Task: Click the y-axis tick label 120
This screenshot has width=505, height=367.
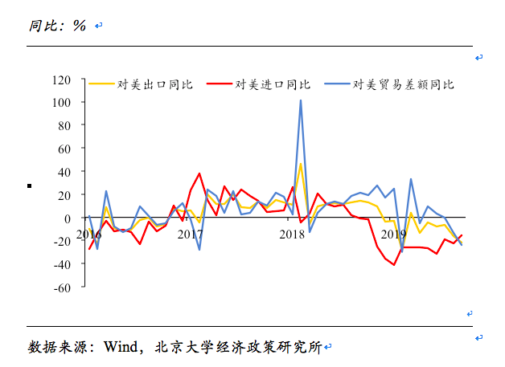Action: [61, 80]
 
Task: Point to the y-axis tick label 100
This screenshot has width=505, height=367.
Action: [61, 103]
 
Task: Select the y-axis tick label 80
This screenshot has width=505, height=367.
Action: [64, 126]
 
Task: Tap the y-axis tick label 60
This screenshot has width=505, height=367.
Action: [64, 149]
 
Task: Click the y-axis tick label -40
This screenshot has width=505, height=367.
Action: [62, 264]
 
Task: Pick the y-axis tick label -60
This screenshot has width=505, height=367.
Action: [62, 287]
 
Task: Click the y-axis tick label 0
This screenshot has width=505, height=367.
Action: [68, 218]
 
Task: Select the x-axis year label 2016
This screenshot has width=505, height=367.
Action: [89, 234]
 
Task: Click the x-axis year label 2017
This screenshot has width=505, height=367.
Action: [191, 234]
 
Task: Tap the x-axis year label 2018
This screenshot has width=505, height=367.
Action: [291, 234]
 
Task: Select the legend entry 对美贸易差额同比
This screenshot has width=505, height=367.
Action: [404, 84]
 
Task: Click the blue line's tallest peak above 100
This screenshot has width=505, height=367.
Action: [301, 100]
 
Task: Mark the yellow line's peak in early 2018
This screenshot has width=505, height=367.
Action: [301, 164]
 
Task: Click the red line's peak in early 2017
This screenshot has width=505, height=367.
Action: [199, 173]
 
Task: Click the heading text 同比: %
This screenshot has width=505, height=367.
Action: [57, 25]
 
